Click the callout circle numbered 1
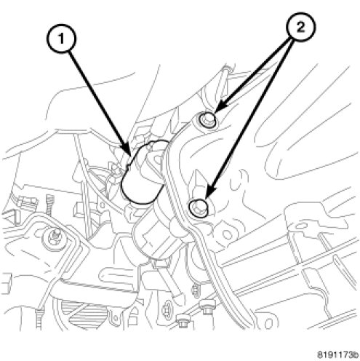coord(61,39)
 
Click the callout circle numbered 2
coord(300,27)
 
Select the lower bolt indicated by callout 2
coord(199,207)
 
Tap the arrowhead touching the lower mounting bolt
coord(209,192)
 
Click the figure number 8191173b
coord(338,355)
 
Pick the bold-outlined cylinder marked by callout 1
coord(143,172)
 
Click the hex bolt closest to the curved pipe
coord(208,308)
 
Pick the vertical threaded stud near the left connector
coord(49,205)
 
